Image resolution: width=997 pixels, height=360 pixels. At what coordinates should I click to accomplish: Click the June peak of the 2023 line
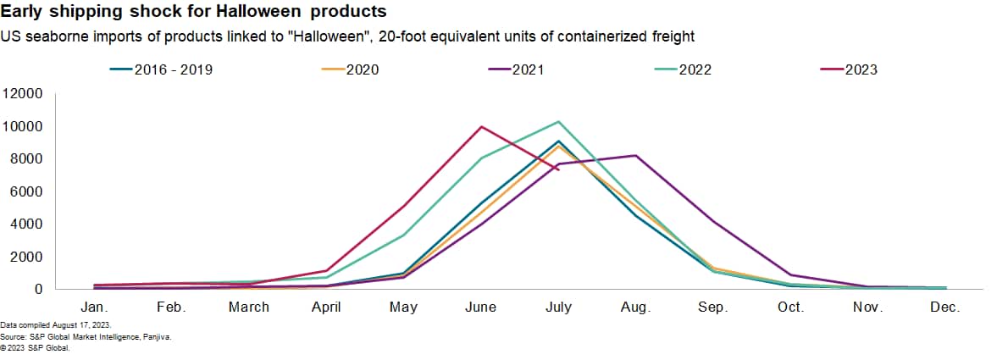point(481,127)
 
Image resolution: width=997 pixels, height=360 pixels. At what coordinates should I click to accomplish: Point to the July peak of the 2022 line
point(558,121)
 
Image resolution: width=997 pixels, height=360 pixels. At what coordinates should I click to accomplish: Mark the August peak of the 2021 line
point(635,156)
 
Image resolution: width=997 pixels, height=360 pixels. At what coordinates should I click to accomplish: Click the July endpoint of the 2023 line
point(558,169)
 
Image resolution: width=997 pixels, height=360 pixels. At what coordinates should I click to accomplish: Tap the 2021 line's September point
point(713,221)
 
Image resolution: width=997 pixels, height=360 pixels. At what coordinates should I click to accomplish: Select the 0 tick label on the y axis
point(37,289)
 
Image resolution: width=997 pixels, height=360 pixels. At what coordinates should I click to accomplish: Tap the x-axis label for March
point(249,307)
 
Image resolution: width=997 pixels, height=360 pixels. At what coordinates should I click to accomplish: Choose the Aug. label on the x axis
point(635,307)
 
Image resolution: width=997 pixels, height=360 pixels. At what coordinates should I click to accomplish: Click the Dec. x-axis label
point(944,307)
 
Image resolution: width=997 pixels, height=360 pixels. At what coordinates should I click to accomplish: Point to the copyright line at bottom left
point(30,346)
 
